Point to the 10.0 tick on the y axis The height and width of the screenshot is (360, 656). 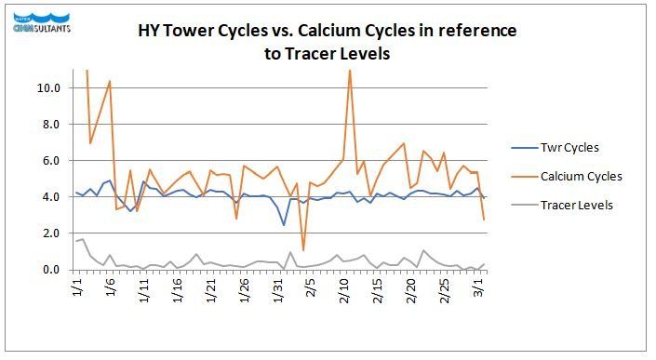point(48,88)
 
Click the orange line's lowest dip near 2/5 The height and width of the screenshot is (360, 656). point(303,250)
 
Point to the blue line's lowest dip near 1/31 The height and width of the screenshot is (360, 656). point(284,225)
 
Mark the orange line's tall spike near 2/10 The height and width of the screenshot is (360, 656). point(350,72)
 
